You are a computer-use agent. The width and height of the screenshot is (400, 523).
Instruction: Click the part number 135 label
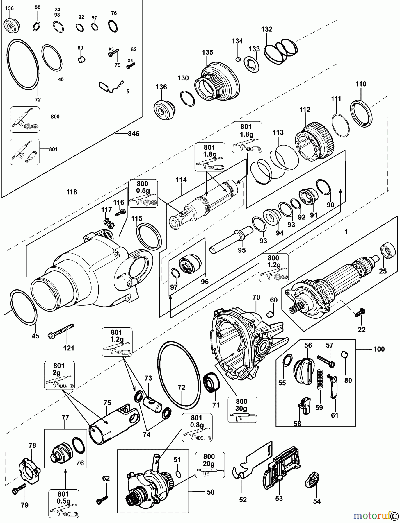(207, 52)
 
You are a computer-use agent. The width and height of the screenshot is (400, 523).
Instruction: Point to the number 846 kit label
(134, 134)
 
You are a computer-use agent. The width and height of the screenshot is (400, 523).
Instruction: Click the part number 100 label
(379, 349)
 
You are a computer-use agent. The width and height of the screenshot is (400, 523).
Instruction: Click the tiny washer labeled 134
(238, 59)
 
